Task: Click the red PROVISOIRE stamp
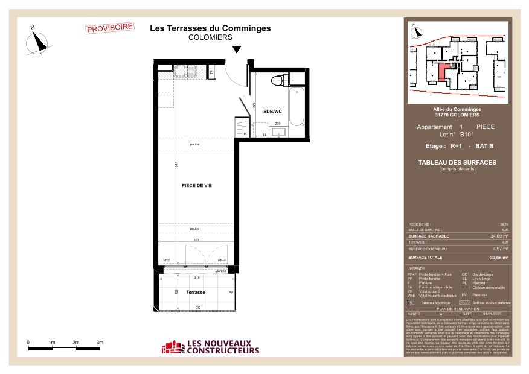point(110,28)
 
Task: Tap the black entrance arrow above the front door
point(237,51)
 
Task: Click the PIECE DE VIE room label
point(196,186)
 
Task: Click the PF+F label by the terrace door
point(222,260)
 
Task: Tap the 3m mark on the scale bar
point(100,342)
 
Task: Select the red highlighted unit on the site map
point(444,71)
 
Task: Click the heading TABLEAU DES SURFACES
point(457,162)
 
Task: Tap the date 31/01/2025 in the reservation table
point(492,314)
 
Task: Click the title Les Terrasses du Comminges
point(210,28)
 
